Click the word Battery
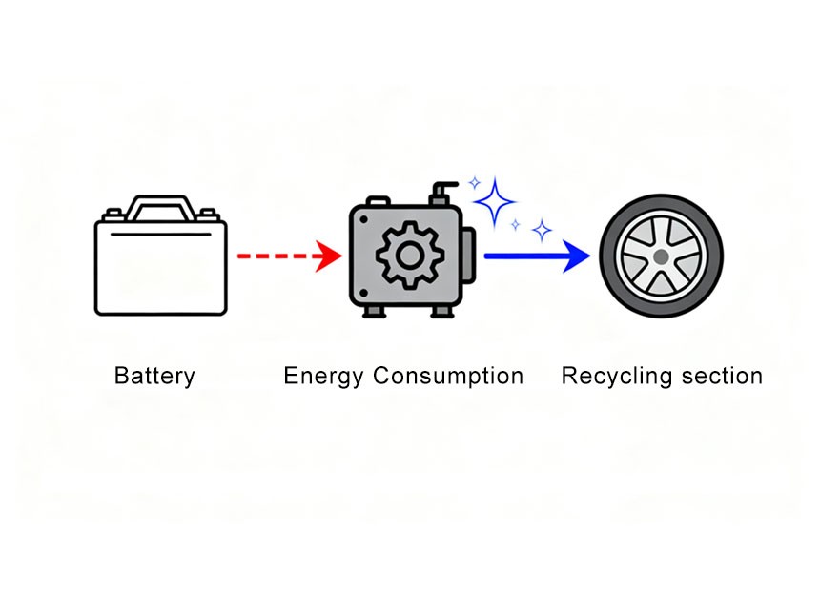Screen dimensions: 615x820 coord(154,376)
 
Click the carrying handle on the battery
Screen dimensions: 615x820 coord(160,203)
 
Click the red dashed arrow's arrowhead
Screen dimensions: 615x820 coord(330,256)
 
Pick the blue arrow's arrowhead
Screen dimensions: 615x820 coord(577,256)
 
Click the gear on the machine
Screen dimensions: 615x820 coord(409,256)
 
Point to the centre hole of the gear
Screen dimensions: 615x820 coord(409,256)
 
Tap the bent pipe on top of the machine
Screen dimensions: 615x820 coord(441,191)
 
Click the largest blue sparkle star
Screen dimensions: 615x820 coord(494,201)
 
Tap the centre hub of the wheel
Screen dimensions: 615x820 coord(660,256)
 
